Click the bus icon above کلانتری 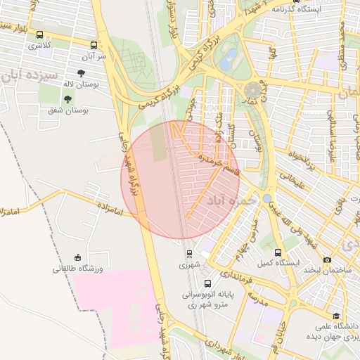(x=39, y=34)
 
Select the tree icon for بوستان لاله (x=82, y=72)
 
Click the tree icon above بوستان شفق (x=67, y=99)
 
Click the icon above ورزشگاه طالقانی (x=77, y=257)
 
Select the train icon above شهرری (x=189, y=254)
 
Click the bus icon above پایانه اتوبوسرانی (x=207, y=283)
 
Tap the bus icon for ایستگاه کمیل (x=278, y=252)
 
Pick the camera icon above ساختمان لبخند (x=327, y=260)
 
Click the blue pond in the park (x=227, y=61)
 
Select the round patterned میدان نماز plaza (x=253, y=90)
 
